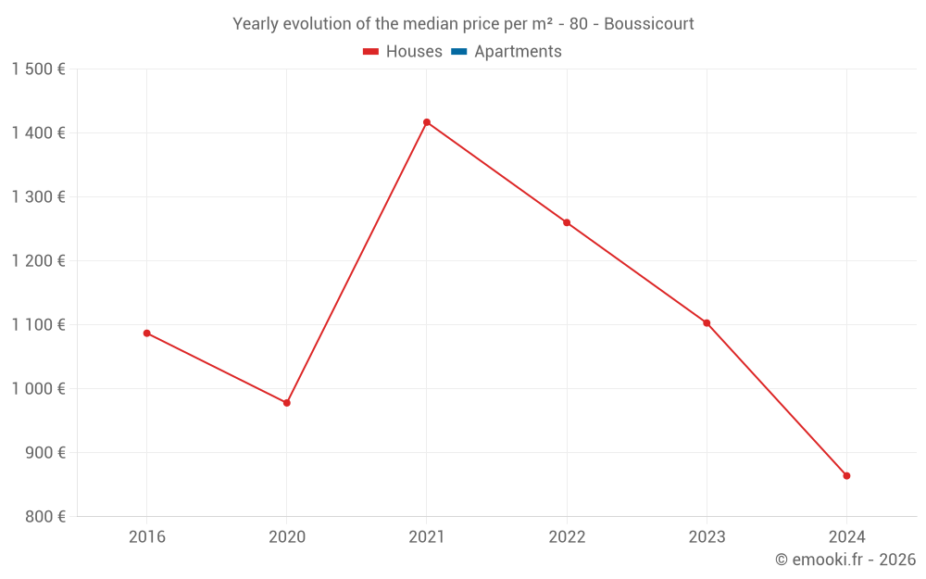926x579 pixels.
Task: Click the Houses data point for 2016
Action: click(x=146, y=334)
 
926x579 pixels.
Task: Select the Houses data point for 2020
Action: click(x=287, y=403)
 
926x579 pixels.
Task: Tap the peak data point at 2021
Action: click(x=427, y=122)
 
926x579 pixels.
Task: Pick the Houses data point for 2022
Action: click(x=567, y=222)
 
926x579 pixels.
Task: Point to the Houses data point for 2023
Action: click(x=707, y=323)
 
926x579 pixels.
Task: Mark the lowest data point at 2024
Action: click(x=846, y=476)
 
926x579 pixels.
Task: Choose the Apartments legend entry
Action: click(x=517, y=52)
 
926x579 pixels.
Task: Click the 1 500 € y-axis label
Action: click(x=39, y=69)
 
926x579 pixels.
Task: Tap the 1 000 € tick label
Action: click(x=39, y=389)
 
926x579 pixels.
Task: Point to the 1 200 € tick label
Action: click(x=39, y=261)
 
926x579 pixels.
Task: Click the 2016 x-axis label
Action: click(x=146, y=536)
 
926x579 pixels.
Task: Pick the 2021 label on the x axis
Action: click(x=427, y=536)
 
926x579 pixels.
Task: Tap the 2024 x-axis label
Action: click(x=846, y=536)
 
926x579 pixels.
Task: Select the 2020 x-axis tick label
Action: click(x=287, y=536)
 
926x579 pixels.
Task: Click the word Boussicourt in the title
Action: click(x=648, y=24)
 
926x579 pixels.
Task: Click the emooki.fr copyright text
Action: click(x=845, y=560)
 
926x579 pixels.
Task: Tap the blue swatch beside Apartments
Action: click(x=458, y=52)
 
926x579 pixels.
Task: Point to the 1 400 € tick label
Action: click(x=39, y=133)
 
